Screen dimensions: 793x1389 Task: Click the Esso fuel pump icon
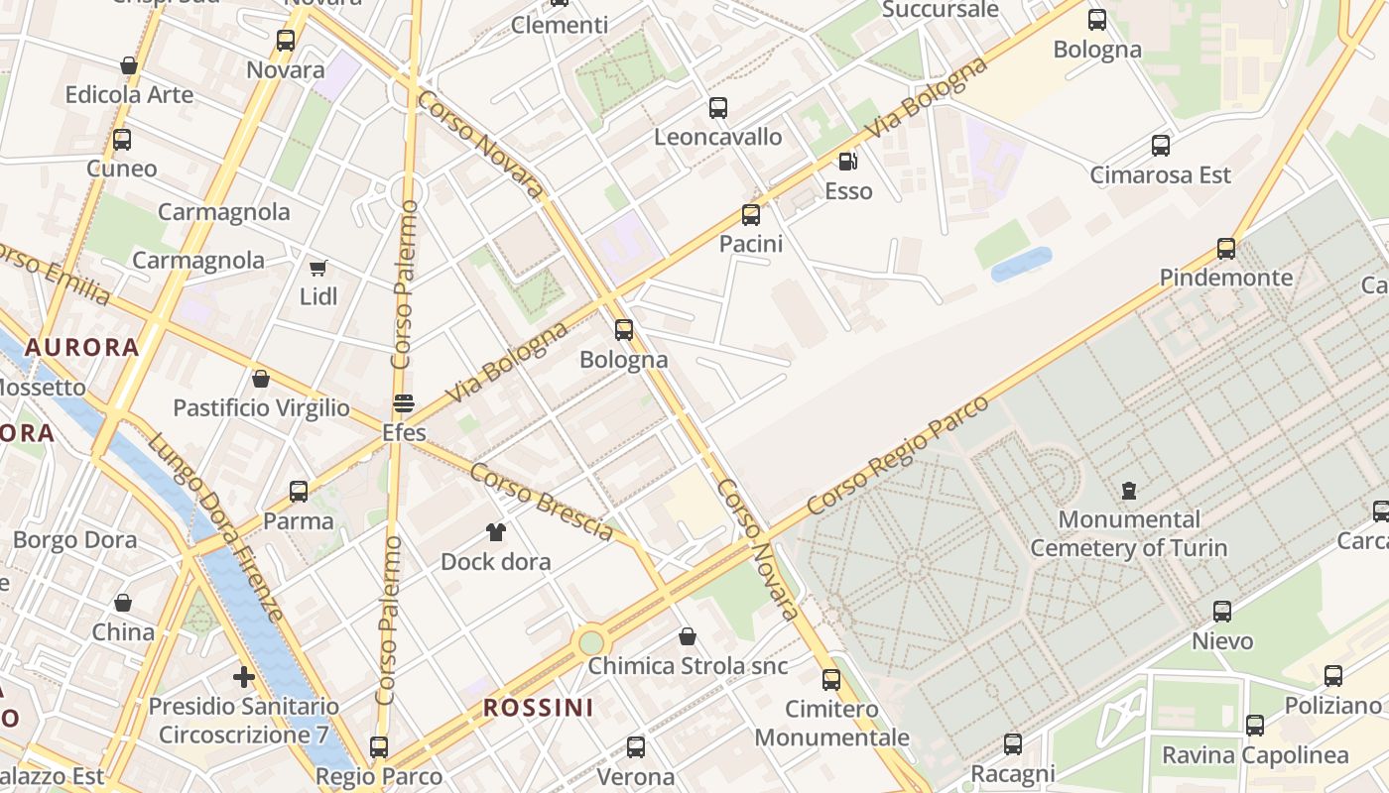[847, 162]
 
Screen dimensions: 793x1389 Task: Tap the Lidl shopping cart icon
[318, 268]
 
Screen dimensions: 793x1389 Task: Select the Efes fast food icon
[404, 403]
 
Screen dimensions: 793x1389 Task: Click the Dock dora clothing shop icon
[496, 532]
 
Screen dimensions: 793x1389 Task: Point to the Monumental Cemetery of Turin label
[1128, 533]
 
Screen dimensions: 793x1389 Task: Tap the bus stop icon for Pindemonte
[1226, 248]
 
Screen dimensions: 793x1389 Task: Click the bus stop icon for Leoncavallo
[717, 108]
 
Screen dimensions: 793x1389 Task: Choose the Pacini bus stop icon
[751, 214]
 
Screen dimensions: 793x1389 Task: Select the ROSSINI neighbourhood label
[538, 708]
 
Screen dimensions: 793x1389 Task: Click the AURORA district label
[81, 348]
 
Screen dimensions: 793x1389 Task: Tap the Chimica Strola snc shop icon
[687, 636]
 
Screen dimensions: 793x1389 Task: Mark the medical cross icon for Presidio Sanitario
[244, 677]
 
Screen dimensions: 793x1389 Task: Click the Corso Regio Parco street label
[898, 455]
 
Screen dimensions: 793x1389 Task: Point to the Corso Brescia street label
[541, 502]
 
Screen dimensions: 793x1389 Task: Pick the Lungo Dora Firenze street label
[216, 524]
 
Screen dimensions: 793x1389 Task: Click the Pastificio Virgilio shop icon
[261, 379]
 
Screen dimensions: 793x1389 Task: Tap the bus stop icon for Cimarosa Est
[1161, 146]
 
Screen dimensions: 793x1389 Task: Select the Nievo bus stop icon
[1222, 612]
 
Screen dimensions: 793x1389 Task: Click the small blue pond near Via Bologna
[1021, 264]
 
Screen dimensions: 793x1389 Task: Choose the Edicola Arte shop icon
[129, 66]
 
